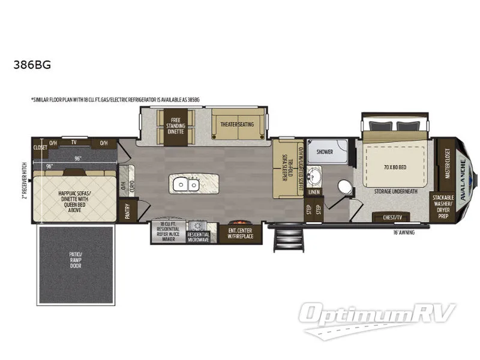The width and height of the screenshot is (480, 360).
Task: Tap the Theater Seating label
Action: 238,124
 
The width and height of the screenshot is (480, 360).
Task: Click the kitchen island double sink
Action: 185,185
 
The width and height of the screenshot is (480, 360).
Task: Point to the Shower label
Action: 324,152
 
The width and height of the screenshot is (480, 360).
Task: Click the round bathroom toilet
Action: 344,187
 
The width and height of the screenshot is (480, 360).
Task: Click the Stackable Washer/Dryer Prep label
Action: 444,205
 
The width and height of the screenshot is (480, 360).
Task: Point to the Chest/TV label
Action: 386,217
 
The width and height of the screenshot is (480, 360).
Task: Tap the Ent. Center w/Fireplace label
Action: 240,233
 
